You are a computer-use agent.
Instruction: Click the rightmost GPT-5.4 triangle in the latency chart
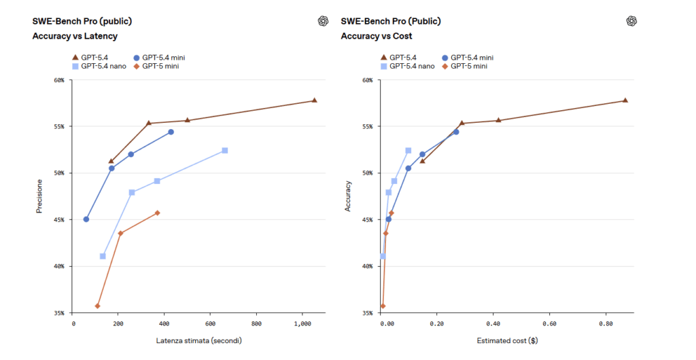click(x=314, y=101)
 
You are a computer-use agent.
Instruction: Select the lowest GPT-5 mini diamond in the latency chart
click(x=97, y=306)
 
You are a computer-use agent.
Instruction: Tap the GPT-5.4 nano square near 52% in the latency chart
click(x=224, y=150)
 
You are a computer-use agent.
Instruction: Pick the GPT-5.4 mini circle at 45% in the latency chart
click(x=86, y=219)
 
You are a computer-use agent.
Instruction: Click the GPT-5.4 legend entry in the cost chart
click(x=403, y=58)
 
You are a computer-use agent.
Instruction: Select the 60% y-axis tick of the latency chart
click(x=59, y=80)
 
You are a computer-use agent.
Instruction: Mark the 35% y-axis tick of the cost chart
click(x=368, y=313)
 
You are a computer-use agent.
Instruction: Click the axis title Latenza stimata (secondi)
click(x=198, y=340)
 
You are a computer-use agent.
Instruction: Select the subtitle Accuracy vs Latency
click(x=75, y=36)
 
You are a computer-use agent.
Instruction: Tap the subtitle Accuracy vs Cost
click(x=377, y=36)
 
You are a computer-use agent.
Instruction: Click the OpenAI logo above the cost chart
click(x=631, y=21)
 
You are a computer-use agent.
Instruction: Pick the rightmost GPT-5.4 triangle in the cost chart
click(x=625, y=101)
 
